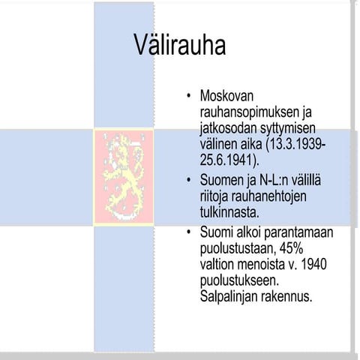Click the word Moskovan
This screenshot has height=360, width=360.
[228, 96]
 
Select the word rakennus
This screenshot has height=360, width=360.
[287, 297]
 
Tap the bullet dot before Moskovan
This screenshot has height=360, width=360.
[189, 97]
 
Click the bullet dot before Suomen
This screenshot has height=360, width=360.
[189, 181]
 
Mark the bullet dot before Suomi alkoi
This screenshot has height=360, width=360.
[189, 232]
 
